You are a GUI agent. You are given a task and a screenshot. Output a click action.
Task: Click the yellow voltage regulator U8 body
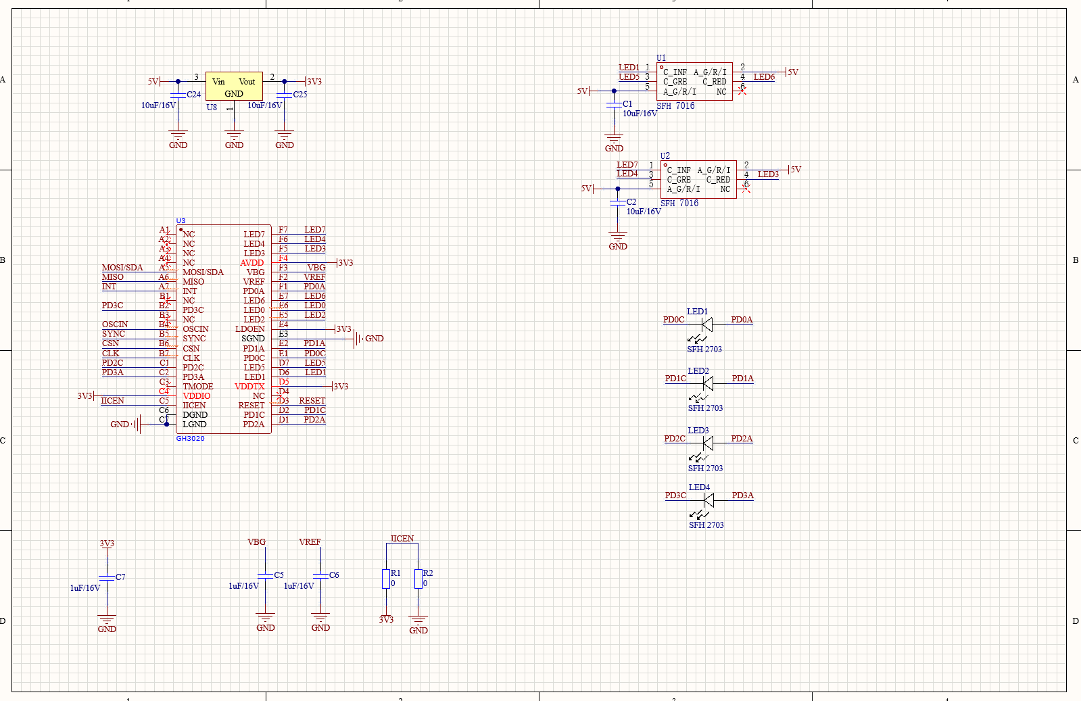click(234, 87)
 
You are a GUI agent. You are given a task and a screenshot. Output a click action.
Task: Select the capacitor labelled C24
click(178, 95)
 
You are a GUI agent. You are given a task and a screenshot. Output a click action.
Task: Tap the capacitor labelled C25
click(285, 95)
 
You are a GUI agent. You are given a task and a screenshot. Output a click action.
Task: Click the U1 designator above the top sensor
click(661, 58)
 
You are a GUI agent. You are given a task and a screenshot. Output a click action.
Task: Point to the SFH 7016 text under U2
click(679, 203)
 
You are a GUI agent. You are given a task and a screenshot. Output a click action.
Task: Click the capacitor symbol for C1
click(614, 105)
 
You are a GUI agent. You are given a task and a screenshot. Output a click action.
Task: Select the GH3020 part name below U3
click(190, 439)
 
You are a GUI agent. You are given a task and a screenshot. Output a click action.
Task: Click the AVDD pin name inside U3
click(252, 263)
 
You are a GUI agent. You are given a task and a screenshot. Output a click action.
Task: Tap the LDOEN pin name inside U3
click(250, 329)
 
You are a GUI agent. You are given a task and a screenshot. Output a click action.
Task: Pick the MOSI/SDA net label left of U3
click(122, 268)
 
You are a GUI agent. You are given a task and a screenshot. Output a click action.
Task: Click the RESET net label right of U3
click(312, 401)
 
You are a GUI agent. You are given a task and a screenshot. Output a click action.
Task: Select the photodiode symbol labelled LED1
click(706, 324)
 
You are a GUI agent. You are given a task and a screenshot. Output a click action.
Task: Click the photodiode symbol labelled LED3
click(708, 443)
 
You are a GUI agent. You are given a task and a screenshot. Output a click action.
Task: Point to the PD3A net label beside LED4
click(742, 495)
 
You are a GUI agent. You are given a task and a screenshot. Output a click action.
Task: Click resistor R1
click(386, 579)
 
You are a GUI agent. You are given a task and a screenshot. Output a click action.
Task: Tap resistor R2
click(418, 579)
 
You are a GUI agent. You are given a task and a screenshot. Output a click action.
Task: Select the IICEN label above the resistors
click(402, 539)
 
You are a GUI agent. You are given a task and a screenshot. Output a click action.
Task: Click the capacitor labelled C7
click(107, 577)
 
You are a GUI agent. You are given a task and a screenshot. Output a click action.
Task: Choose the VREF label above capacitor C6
click(310, 542)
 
